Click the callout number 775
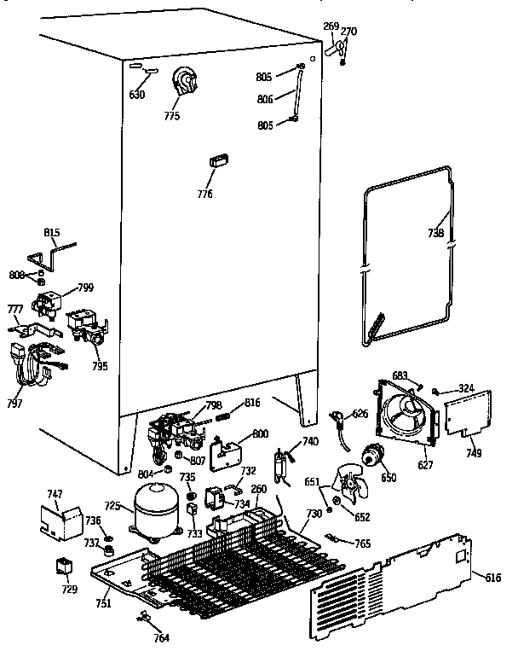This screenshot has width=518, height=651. click(172, 116)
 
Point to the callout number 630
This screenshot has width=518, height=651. click(137, 95)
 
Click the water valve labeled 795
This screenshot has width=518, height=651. click(85, 325)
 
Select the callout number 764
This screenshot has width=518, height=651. click(161, 637)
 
